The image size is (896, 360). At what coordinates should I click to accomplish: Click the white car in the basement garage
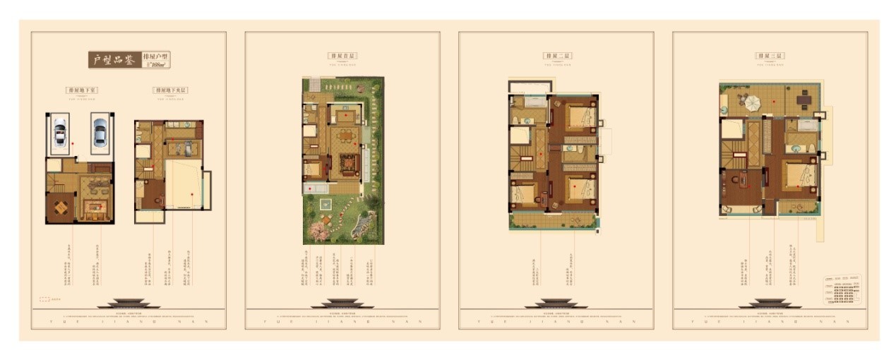(59, 132)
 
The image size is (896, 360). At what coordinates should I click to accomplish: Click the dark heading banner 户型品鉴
(114, 60)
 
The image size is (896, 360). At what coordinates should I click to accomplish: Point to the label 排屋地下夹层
(169, 90)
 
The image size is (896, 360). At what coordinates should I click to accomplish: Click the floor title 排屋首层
(342, 55)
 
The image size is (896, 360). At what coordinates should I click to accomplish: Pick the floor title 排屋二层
(556, 55)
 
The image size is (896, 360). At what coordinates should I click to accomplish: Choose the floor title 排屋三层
(770, 55)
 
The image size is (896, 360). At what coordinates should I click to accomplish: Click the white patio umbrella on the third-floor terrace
(752, 103)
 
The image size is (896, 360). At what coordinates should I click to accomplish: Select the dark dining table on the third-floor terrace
(804, 100)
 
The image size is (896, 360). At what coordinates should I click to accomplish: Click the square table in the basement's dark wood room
(60, 208)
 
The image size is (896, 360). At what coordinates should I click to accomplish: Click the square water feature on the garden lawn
(325, 203)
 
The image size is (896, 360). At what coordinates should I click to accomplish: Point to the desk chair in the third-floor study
(736, 179)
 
